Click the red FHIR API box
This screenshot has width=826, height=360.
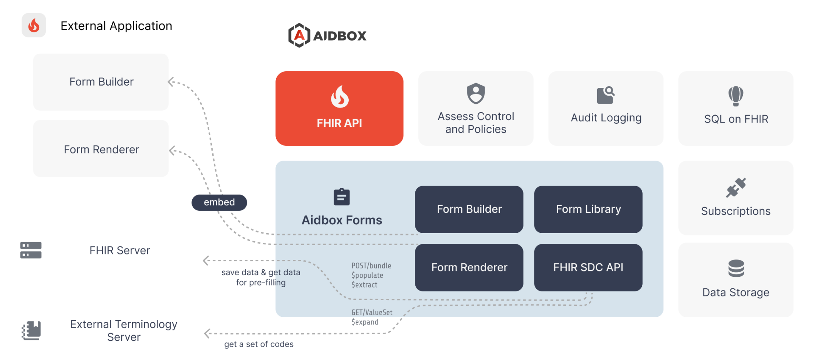pyautogui.click(x=339, y=108)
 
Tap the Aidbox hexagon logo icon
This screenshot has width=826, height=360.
pyautogui.click(x=299, y=35)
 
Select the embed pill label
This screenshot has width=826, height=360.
pyautogui.click(x=219, y=202)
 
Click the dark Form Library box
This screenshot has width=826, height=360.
pyautogui.click(x=588, y=209)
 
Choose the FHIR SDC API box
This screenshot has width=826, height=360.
pyautogui.click(x=588, y=267)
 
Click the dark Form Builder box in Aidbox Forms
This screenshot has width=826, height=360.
pyautogui.click(x=469, y=209)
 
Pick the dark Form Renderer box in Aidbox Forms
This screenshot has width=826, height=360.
pyautogui.click(x=469, y=267)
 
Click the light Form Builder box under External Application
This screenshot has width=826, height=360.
pyautogui.click(x=101, y=82)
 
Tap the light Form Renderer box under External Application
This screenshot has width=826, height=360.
pyautogui.click(x=101, y=149)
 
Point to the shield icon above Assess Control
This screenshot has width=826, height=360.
pyautogui.click(x=476, y=93)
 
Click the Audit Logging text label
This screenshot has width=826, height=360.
pyautogui.click(x=606, y=118)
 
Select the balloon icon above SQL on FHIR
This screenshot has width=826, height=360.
pyautogui.click(x=735, y=96)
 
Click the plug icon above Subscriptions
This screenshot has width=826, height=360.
pyautogui.click(x=736, y=188)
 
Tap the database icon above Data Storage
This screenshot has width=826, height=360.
pyautogui.click(x=736, y=268)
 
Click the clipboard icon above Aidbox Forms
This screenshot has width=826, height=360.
pyautogui.click(x=341, y=197)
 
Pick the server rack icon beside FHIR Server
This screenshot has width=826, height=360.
pyautogui.click(x=31, y=250)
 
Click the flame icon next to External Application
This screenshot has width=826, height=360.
pyautogui.click(x=34, y=25)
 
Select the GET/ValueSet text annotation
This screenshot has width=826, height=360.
pyautogui.click(x=371, y=313)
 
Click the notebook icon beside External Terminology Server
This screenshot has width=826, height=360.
pyautogui.click(x=31, y=330)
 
